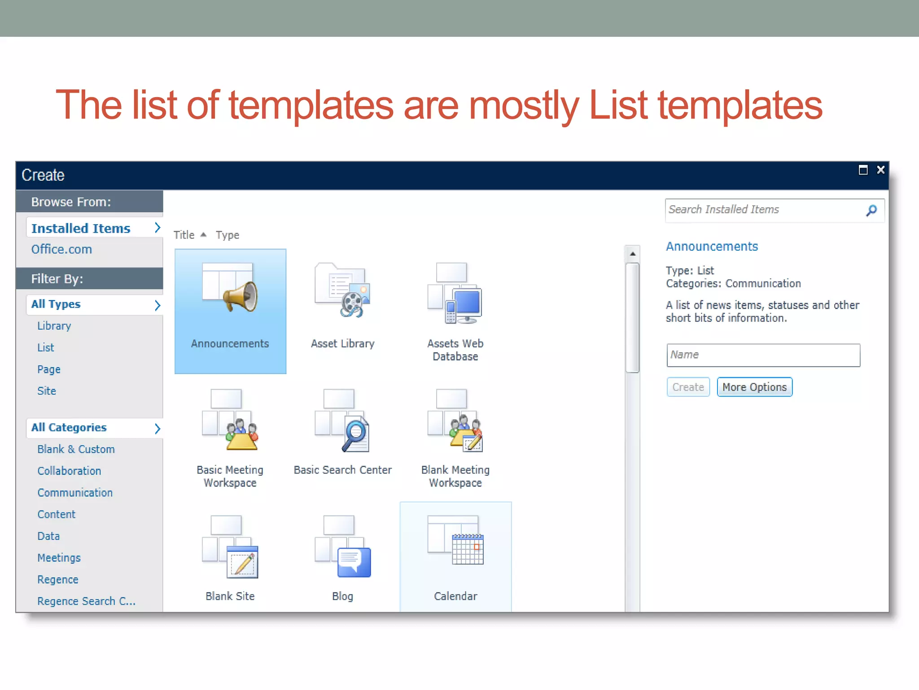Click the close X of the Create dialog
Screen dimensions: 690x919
pyautogui.click(x=880, y=170)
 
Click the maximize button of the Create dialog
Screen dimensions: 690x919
pyautogui.click(x=863, y=170)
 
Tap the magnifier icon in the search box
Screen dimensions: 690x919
pyautogui.click(x=871, y=210)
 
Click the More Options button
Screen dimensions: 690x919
pyautogui.click(x=754, y=387)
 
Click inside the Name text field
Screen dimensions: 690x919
pyautogui.click(x=763, y=355)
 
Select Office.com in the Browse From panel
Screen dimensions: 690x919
pyautogui.click(x=61, y=249)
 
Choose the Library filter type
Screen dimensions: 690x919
pyautogui.click(x=54, y=326)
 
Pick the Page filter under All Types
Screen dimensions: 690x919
pyautogui.click(x=48, y=369)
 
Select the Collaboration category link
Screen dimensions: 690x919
pyautogui.click(x=69, y=471)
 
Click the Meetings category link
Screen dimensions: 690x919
pyautogui.click(x=59, y=558)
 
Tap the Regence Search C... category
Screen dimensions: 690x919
pyautogui.click(x=86, y=601)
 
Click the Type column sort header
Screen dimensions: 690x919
pyautogui.click(x=228, y=235)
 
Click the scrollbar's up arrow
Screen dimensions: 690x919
pyautogui.click(x=632, y=254)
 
